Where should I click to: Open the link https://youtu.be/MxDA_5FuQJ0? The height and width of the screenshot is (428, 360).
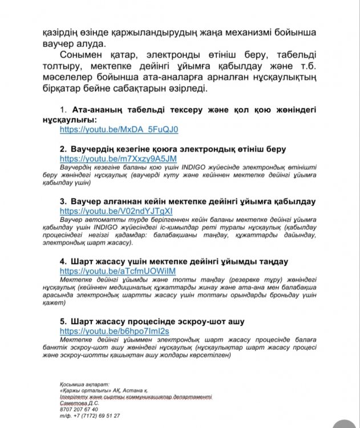pos(119,130)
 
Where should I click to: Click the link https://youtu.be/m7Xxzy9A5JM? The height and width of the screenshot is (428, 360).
pos(118,158)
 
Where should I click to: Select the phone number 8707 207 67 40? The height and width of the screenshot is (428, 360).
pos(78,409)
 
